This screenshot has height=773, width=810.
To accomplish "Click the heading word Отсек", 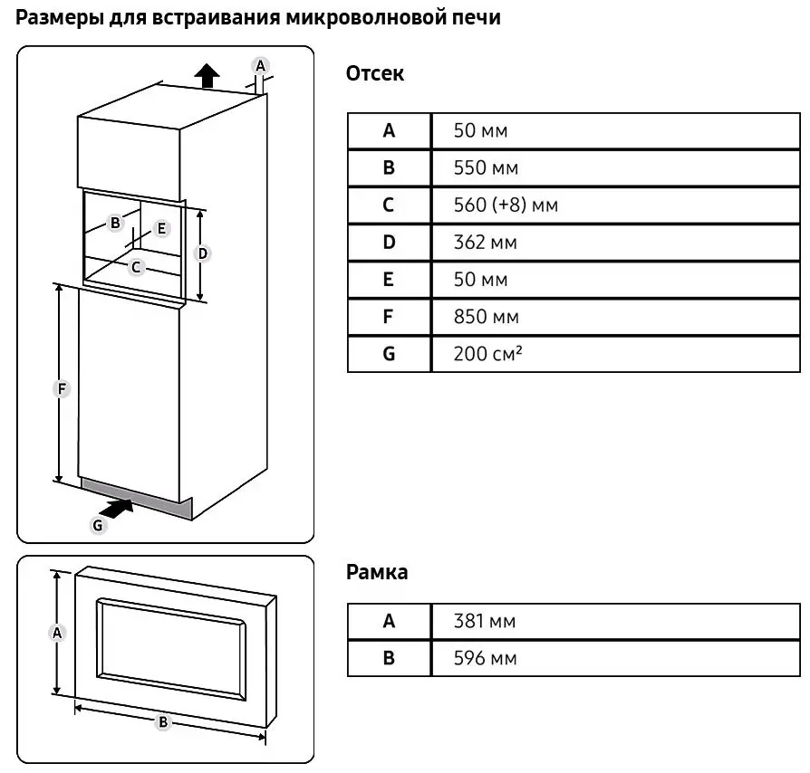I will click(x=375, y=74).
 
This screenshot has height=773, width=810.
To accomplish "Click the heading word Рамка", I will click(x=377, y=572).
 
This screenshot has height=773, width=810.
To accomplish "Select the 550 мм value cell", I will click(x=486, y=167).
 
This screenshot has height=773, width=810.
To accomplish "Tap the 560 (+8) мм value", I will click(x=506, y=205).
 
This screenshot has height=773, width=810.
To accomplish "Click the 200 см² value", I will click(x=488, y=354).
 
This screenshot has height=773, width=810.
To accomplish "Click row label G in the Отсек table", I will click(x=389, y=354).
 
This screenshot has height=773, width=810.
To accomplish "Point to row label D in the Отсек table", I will click(x=389, y=243).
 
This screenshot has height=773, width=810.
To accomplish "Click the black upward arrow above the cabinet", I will click(x=207, y=75).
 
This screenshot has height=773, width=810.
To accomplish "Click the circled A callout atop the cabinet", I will click(x=260, y=65).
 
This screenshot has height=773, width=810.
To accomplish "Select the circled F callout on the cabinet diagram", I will click(x=62, y=388).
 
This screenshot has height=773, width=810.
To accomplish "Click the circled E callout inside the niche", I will click(x=161, y=228).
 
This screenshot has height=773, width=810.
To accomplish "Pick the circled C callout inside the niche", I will click(x=136, y=266).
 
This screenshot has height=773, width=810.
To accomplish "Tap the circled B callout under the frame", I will click(x=163, y=721).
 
